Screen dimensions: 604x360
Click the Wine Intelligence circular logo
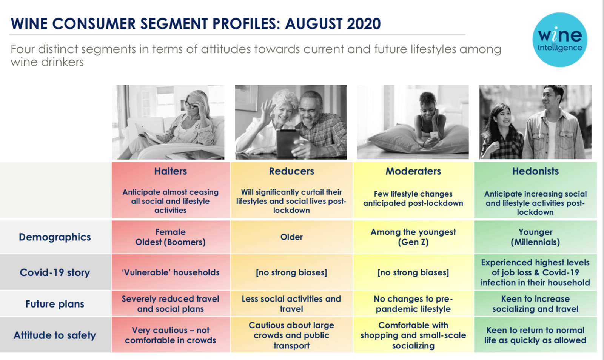click(560, 40)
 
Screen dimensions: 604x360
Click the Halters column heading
click(170, 171)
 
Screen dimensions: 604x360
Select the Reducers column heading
click(291, 171)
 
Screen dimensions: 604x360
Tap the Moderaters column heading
click(413, 171)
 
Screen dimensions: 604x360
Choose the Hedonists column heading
click(535, 171)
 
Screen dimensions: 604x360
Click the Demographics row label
click(55, 237)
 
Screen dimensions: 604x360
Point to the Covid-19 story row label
click(55, 272)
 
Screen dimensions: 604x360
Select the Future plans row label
click(55, 304)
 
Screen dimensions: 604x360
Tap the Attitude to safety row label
click(55, 335)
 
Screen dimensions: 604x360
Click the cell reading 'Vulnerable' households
click(170, 272)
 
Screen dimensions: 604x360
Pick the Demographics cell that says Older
click(291, 237)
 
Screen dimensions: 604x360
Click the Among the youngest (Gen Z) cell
click(413, 237)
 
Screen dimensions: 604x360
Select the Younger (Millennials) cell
click(535, 237)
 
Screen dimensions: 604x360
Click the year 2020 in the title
click(364, 24)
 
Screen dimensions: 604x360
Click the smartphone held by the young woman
click(434, 135)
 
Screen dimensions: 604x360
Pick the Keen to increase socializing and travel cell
click(535, 304)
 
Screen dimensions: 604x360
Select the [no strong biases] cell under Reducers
click(291, 272)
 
